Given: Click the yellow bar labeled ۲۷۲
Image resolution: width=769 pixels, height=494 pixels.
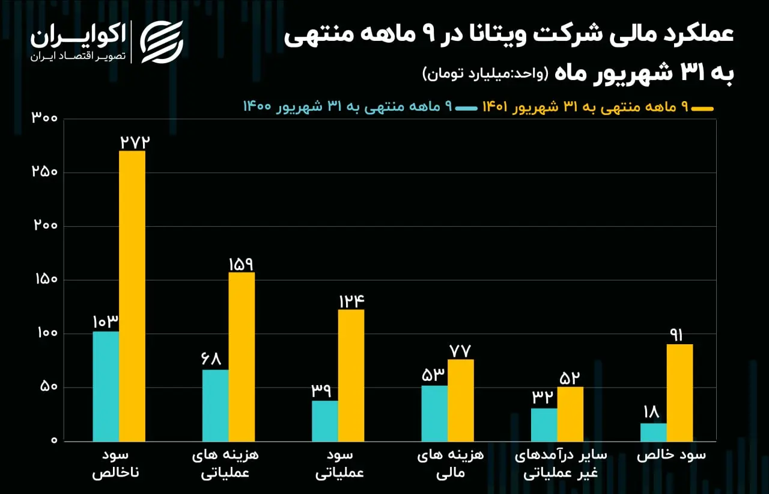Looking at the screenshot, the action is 132,296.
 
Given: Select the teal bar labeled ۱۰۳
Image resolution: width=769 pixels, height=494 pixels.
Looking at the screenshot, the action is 106,386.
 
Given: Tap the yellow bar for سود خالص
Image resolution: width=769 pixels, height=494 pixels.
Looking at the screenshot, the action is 679,392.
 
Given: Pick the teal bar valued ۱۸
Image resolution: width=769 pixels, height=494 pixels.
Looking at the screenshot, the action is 654,432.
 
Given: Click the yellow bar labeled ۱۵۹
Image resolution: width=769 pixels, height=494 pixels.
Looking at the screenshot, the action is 242,357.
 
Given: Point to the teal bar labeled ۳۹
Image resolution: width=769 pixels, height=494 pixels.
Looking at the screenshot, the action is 325,421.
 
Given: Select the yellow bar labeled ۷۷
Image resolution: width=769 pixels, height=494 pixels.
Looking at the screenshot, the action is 461,401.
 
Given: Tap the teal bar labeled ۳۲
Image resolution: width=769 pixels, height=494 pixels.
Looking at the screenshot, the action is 544,425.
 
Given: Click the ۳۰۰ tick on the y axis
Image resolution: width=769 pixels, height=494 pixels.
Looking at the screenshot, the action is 44,117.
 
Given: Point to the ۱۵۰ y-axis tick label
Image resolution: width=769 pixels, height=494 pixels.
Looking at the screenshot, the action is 46,279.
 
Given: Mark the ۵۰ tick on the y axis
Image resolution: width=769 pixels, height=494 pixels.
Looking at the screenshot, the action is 49,386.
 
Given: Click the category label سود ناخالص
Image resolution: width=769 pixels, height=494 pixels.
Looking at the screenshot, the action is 115,464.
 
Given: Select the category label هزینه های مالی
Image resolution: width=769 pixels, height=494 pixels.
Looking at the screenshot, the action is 451,464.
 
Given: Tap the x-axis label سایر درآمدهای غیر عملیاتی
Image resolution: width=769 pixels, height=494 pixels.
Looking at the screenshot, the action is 561,464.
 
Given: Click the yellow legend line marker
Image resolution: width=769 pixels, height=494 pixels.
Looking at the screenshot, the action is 702,109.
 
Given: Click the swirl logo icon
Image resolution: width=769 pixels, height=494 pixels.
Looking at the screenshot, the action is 162,42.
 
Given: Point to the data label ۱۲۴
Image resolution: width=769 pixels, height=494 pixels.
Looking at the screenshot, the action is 351,301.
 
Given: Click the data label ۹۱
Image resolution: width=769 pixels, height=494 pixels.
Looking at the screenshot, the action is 676,335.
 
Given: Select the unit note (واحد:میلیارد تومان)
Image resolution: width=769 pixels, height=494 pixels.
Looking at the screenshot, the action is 485,73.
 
